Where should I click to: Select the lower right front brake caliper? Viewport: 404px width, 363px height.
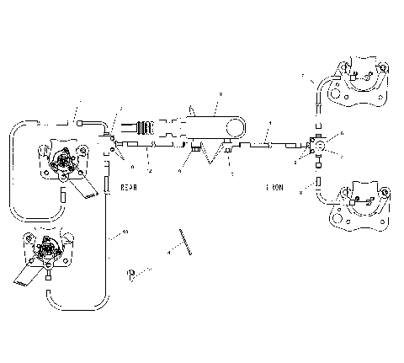click(x=358, y=204)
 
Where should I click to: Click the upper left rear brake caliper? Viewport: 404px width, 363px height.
click(x=63, y=161)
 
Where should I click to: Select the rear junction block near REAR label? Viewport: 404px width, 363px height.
click(x=108, y=148)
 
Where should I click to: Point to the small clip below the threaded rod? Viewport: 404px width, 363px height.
click(x=132, y=272)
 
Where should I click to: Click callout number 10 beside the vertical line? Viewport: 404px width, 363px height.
click(x=125, y=232)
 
